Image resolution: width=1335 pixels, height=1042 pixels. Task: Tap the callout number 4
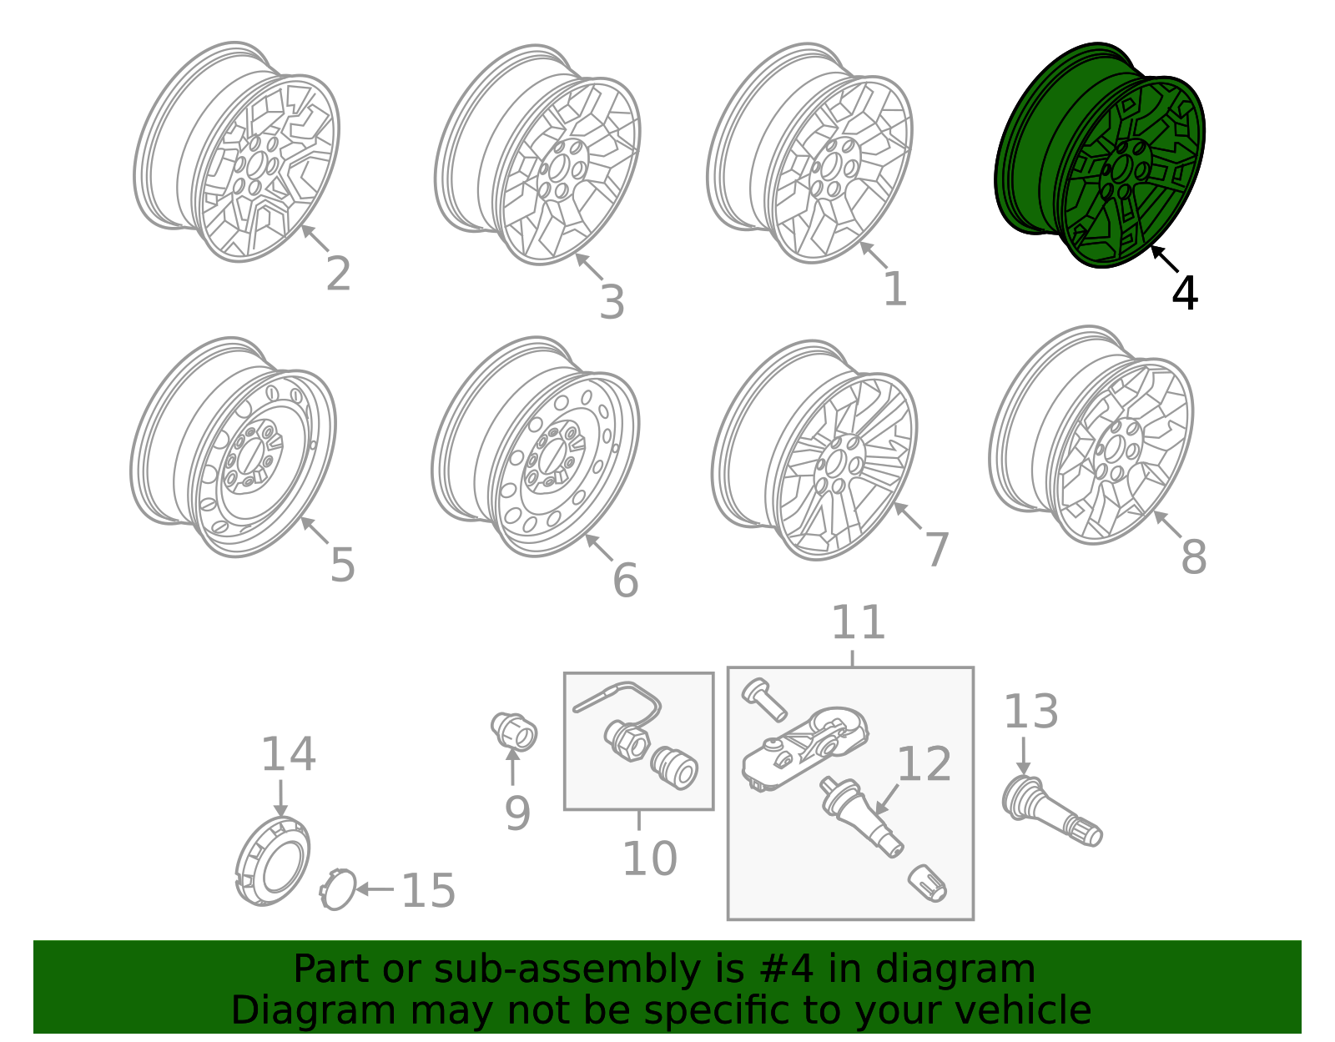click(x=1185, y=293)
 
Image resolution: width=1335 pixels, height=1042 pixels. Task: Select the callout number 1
click(x=894, y=289)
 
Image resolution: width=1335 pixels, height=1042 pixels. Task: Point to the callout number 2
click(x=338, y=274)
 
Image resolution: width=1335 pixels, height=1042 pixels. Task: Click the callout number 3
click(x=612, y=302)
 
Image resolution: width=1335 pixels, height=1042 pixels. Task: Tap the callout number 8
click(x=1193, y=556)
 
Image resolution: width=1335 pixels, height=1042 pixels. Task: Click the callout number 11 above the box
click(x=858, y=623)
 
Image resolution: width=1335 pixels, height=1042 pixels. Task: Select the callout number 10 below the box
click(x=649, y=858)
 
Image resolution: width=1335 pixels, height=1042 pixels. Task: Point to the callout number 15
click(x=428, y=890)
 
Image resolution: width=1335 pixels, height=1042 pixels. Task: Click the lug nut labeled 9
click(x=514, y=731)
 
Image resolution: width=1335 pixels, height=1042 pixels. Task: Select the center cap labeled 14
click(x=272, y=862)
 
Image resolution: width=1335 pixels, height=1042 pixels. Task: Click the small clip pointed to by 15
click(x=338, y=889)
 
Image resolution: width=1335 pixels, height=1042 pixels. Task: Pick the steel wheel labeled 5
click(x=234, y=446)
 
